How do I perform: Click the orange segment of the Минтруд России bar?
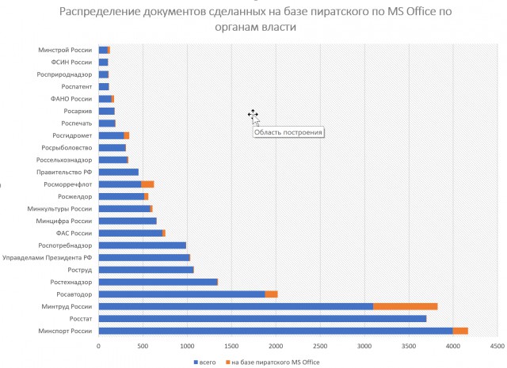click(x=405, y=306)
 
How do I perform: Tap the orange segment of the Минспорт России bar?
click(x=460, y=331)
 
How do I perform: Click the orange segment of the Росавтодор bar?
click(x=271, y=294)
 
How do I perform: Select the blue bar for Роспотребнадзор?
click(x=143, y=245)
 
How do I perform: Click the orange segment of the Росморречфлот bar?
click(x=147, y=184)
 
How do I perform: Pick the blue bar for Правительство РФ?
click(x=119, y=172)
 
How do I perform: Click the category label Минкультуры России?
click(x=65, y=208)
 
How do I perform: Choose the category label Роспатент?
click(x=77, y=86)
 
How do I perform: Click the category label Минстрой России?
click(x=65, y=50)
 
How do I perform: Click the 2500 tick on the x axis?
click(x=319, y=346)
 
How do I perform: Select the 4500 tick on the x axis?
click(x=497, y=346)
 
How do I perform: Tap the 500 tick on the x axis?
click(x=143, y=346)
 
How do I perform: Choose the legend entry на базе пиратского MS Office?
click(x=276, y=362)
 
